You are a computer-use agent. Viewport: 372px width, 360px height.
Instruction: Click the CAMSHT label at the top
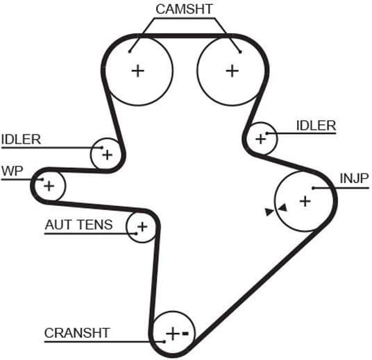(185, 9)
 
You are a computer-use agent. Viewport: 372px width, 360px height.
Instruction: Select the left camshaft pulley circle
(138, 70)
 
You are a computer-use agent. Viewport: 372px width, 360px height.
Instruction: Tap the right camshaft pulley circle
(231, 70)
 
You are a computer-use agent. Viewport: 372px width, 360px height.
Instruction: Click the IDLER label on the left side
(21, 139)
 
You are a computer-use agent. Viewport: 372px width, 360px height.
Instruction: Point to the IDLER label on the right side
(316, 126)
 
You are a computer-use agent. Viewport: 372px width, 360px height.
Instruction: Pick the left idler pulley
(106, 154)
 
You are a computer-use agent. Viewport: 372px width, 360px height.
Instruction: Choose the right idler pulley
(262, 138)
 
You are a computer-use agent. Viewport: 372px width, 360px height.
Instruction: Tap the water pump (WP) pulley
(49, 186)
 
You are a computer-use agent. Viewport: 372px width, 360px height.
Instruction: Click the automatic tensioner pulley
(142, 226)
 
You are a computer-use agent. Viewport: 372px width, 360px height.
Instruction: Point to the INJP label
(353, 178)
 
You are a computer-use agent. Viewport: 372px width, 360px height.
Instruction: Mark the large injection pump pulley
(305, 201)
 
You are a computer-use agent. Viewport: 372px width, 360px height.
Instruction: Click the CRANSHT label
(77, 333)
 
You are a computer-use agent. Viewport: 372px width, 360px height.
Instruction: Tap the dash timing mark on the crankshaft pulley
(185, 334)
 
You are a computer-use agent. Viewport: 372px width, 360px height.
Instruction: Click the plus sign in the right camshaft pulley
(231, 70)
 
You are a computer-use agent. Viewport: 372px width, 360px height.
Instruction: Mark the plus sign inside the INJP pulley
(305, 201)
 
